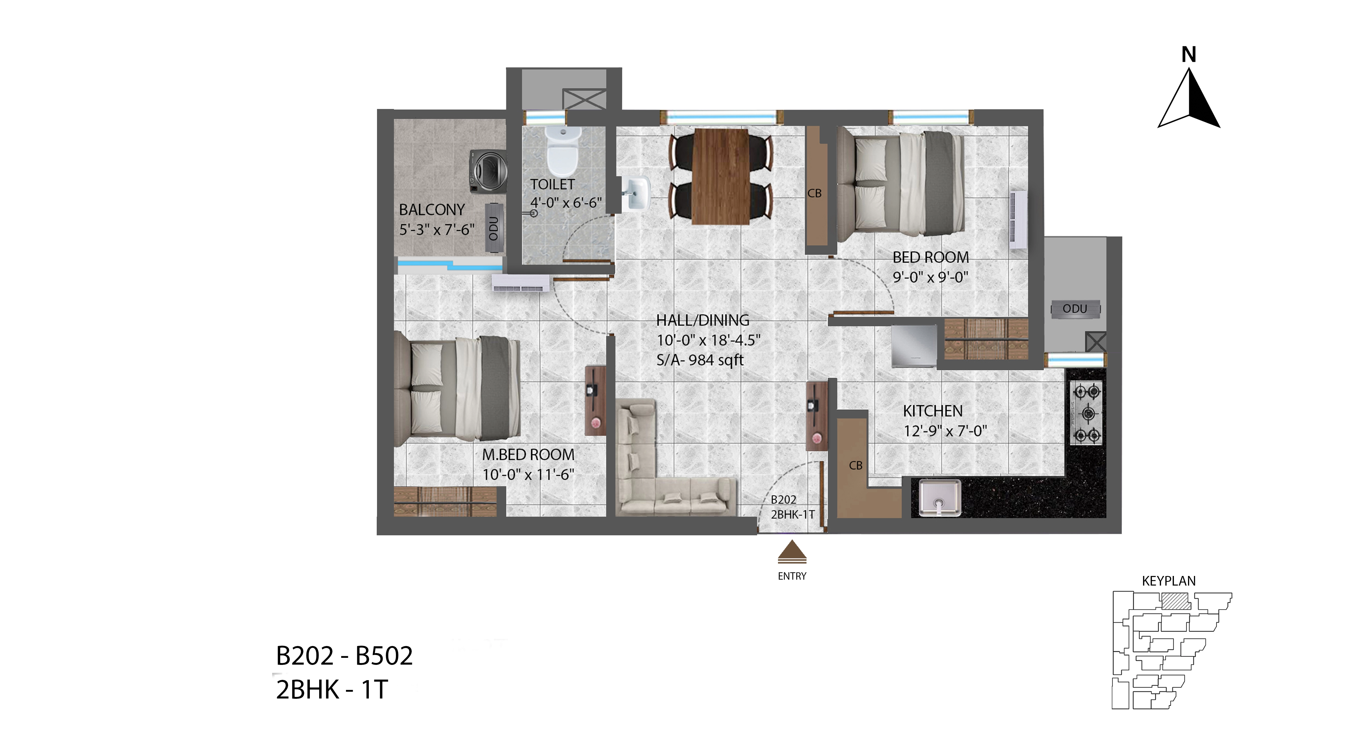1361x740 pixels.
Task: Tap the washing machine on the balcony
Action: (x=489, y=172)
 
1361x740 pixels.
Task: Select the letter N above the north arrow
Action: (x=1189, y=54)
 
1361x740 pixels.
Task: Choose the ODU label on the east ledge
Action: (x=1075, y=309)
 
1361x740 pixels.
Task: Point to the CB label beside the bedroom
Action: (x=814, y=193)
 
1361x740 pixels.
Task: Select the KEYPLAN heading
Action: (x=1169, y=581)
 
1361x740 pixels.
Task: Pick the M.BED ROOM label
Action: (x=528, y=455)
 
